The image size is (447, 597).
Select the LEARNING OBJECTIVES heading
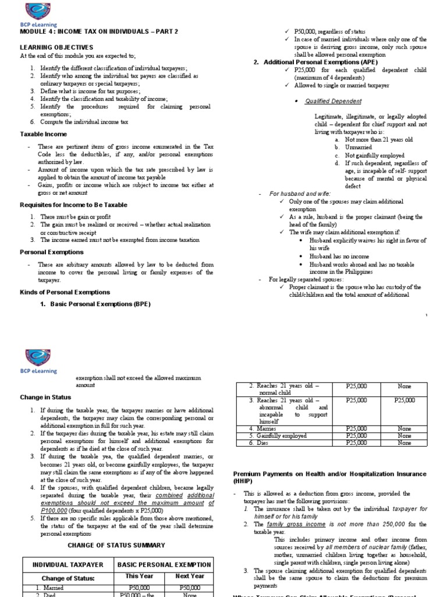click(56, 46)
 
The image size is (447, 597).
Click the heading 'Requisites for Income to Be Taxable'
click(73, 205)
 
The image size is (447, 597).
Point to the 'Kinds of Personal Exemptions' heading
click(65, 292)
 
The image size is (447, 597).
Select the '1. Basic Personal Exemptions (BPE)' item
click(95, 304)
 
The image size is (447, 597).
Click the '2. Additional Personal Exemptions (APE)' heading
click(315, 62)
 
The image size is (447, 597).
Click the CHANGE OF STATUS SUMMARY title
click(116, 545)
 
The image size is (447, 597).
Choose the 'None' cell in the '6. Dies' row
click(404, 443)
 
